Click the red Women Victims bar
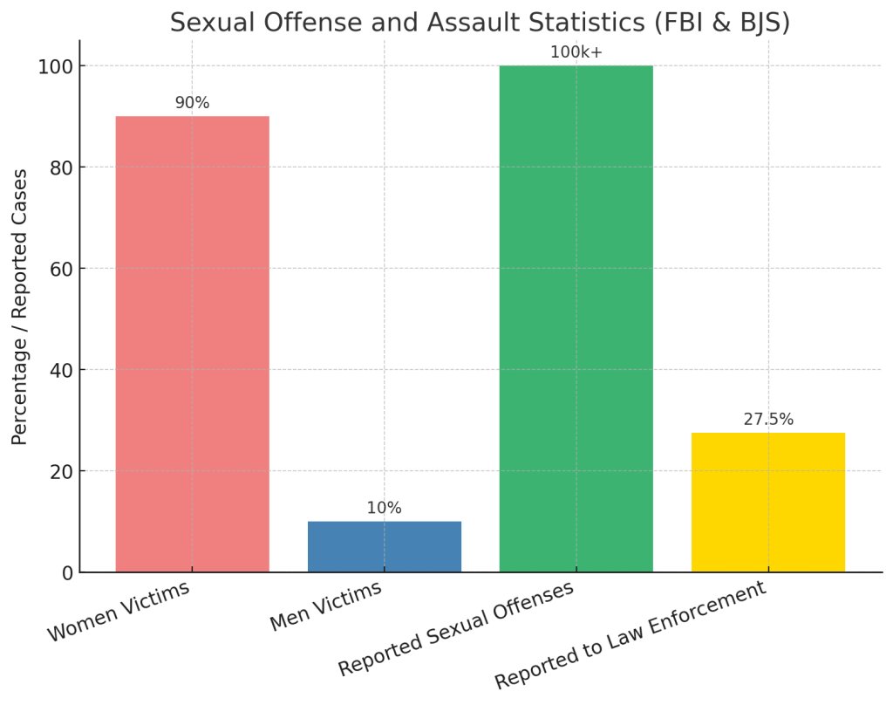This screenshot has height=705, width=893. click(x=192, y=344)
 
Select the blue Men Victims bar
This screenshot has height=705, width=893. click(x=384, y=547)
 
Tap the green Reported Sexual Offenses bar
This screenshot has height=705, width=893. click(x=576, y=318)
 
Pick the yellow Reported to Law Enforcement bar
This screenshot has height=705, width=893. click(x=767, y=503)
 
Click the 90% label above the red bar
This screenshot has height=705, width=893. click(x=192, y=103)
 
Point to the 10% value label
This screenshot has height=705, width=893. click(x=384, y=508)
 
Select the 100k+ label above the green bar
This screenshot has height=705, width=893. click(x=576, y=52)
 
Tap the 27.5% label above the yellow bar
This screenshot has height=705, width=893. click(x=767, y=420)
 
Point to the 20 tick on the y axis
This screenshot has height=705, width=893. click(x=58, y=472)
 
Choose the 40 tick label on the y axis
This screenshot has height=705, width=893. click(x=58, y=371)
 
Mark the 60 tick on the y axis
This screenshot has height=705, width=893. click(x=58, y=269)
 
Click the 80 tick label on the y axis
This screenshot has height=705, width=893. click(x=58, y=168)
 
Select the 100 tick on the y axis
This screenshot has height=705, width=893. click(x=54, y=66)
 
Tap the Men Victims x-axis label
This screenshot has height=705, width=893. click(x=325, y=606)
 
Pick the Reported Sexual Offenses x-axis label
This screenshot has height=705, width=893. click(x=456, y=627)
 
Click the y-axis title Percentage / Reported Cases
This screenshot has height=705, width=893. click(x=20, y=307)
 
